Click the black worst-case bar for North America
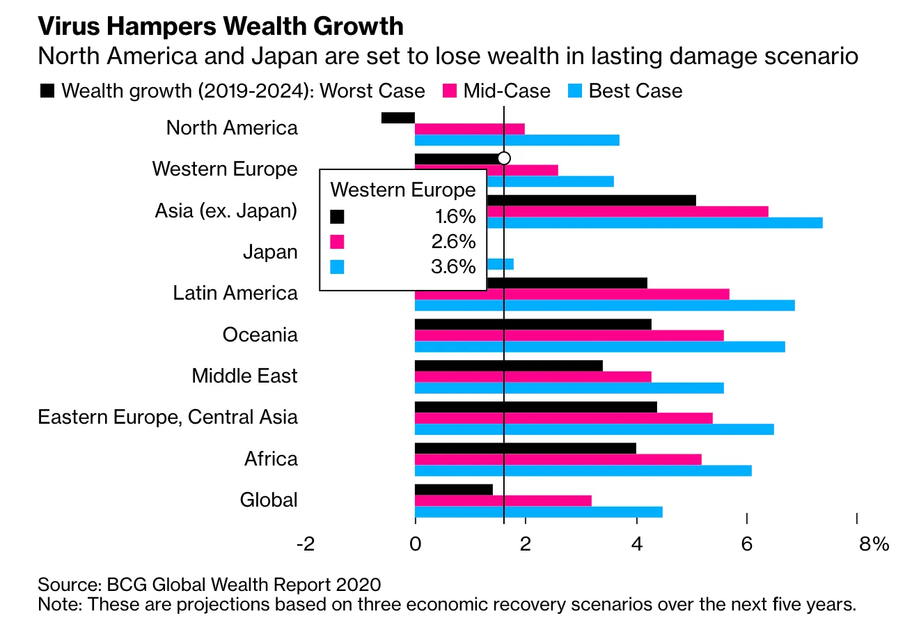[398, 118]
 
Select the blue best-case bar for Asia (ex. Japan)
[654, 223]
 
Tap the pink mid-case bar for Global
[503, 500]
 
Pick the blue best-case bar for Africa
[583, 470]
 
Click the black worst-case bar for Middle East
[508, 365]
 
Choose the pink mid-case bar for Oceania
[569, 335]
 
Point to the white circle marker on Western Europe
[504, 158]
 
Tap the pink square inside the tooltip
[337, 242]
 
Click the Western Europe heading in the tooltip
[402, 190]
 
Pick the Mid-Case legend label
[507, 91]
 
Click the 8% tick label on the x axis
[873, 544]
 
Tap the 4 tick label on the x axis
[636, 544]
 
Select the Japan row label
[270, 252]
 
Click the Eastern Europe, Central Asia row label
[168, 417]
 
